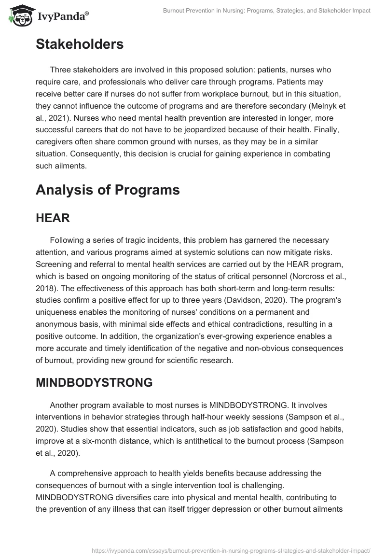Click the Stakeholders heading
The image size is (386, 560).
click(x=80, y=44)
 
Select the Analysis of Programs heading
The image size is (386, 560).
click(x=108, y=190)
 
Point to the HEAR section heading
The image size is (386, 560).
click(x=53, y=218)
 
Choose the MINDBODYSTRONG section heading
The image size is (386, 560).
click(x=94, y=382)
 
